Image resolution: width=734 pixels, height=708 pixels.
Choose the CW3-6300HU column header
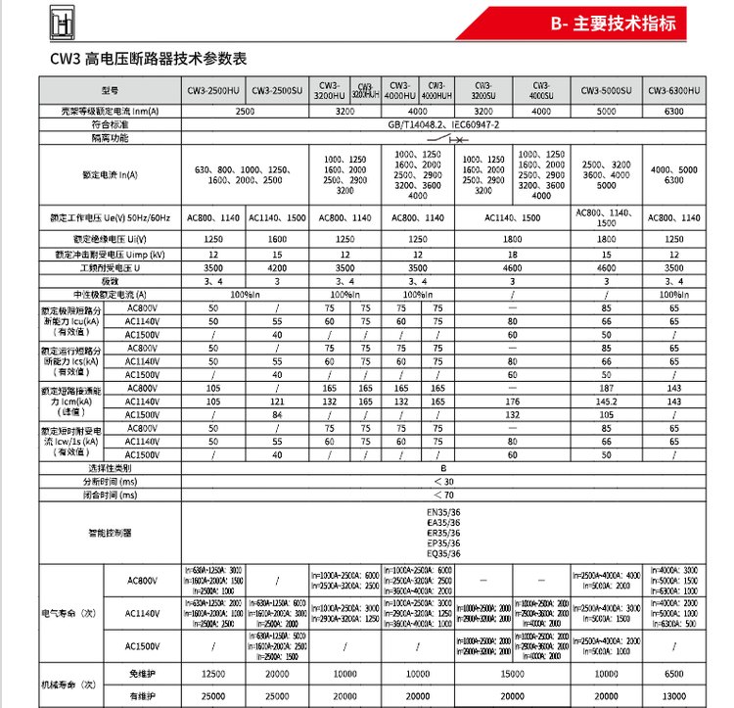pos(674,90)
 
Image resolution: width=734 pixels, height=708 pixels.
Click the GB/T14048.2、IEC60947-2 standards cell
pos(443,125)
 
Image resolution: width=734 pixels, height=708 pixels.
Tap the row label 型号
pos(110,90)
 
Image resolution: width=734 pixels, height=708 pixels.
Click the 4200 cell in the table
pos(276,266)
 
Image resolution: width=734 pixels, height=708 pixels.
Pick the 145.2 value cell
pos(607,401)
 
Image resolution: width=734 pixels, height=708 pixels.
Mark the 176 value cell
pos(511,401)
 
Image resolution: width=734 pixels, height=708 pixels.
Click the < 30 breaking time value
pos(443,482)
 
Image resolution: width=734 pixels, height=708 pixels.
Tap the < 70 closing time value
pos(443,496)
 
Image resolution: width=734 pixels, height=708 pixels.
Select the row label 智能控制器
pos(110,534)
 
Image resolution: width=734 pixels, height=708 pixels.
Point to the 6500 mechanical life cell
pos(674,675)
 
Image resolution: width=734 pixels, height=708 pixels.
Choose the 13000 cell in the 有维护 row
pos(674,695)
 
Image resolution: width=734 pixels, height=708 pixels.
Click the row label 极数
pos(110,280)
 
